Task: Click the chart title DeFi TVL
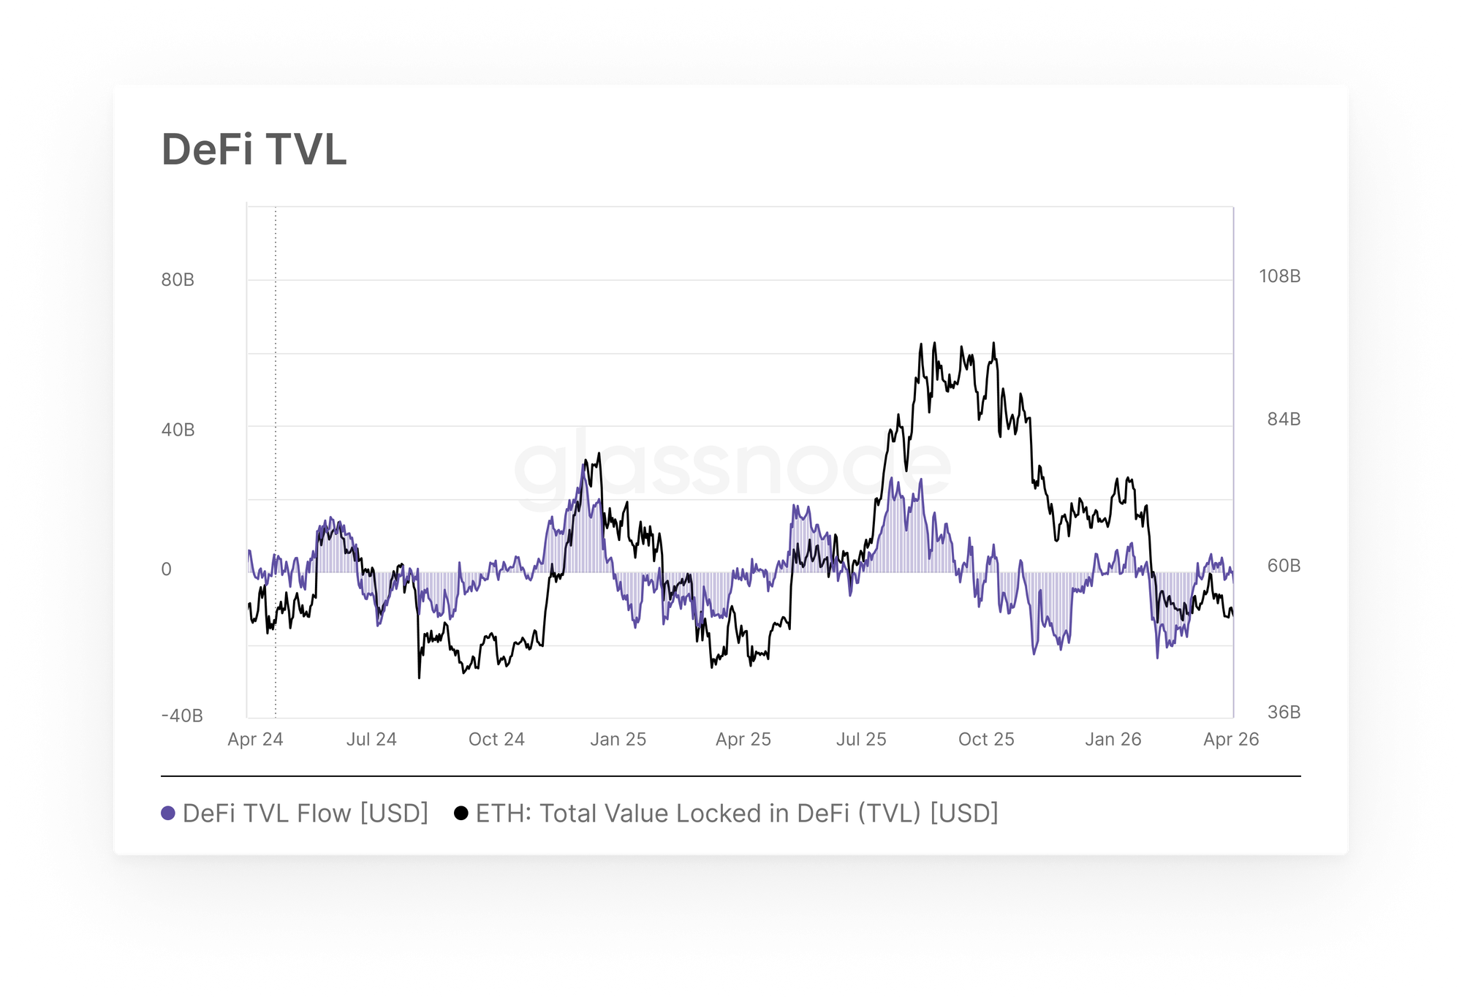pos(254,150)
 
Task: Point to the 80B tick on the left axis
pos(178,280)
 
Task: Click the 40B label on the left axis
pos(178,430)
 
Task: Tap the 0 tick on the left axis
pos(167,569)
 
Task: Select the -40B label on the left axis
pos(182,716)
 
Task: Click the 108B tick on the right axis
pos(1279,276)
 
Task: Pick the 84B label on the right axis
pos(1284,419)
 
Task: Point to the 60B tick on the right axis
pos(1284,566)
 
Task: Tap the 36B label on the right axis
pos(1284,712)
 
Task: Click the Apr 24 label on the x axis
pos(255,739)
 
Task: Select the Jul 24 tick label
pos(371,739)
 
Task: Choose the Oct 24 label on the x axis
pos(496,739)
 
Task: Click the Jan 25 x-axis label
pos(618,739)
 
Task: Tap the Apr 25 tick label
pos(743,739)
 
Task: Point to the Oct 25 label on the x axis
pos(986,739)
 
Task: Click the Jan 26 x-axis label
pos(1113,739)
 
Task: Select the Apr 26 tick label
pos(1231,739)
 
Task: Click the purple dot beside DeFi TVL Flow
pos(168,814)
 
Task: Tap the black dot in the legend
pos(461,814)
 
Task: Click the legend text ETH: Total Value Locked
pos(737,814)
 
